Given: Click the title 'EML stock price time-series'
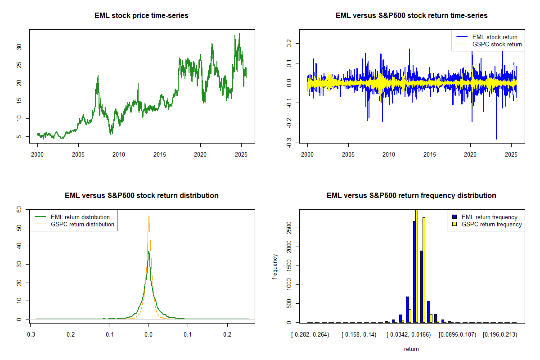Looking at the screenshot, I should [x=141, y=16].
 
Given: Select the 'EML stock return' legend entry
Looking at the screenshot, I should [x=495, y=37].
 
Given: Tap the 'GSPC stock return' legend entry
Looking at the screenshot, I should [x=497, y=44].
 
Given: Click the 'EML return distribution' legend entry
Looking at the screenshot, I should [x=80, y=217].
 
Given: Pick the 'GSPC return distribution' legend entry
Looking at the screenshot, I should [x=82, y=224].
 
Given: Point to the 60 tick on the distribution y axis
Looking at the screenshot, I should [x=19, y=209].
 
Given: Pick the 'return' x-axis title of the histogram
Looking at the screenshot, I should [x=411, y=349].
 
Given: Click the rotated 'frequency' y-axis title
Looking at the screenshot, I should [x=275, y=266].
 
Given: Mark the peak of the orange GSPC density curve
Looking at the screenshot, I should [x=148, y=216].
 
